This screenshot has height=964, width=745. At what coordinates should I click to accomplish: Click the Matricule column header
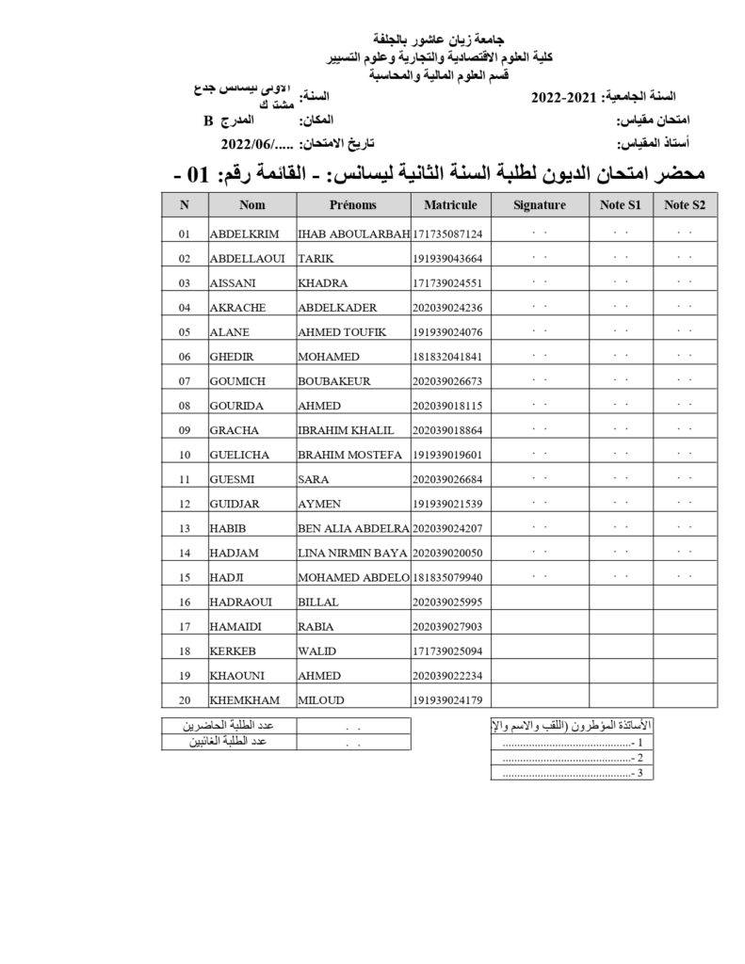pos(450,205)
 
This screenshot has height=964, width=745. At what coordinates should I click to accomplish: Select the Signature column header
pos(540,205)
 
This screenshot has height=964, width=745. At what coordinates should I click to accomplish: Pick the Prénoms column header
pos(353,205)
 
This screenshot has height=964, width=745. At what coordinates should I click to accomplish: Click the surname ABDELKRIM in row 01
pos(241,233)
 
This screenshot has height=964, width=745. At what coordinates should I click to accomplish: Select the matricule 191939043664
pos(447,258)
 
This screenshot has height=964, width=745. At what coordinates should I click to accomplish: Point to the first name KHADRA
pos(323,282)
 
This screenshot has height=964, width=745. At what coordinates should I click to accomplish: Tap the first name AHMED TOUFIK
pos(341,331)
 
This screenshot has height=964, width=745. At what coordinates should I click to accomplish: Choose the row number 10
pos(185,455)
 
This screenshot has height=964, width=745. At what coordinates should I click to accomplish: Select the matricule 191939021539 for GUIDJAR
pos(447,504)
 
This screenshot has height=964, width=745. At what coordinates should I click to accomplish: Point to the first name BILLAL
pos(317,602)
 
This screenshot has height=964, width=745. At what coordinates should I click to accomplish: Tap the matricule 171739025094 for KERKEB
pos(447,651)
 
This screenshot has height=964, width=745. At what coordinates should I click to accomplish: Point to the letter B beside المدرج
pos(209,121)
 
